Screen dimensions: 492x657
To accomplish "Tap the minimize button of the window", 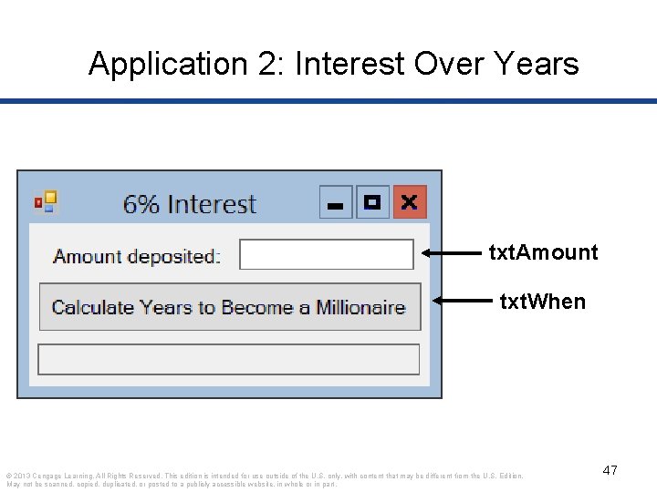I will coord(336,202).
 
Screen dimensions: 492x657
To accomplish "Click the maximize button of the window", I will coord(372,202).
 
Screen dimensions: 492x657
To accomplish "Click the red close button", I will coord(410,202).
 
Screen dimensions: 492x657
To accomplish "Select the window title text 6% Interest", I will coord(190,204).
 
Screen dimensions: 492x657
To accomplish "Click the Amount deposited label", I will coord(137,256).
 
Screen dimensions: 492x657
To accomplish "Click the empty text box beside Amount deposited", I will coord(326,255).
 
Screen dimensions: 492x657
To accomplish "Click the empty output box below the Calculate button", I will coord(228,359).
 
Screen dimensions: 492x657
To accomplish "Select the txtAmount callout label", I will coord(544,252).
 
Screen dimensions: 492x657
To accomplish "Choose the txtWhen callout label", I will coord(542,301).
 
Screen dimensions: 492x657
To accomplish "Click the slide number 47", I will coord(610,470).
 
